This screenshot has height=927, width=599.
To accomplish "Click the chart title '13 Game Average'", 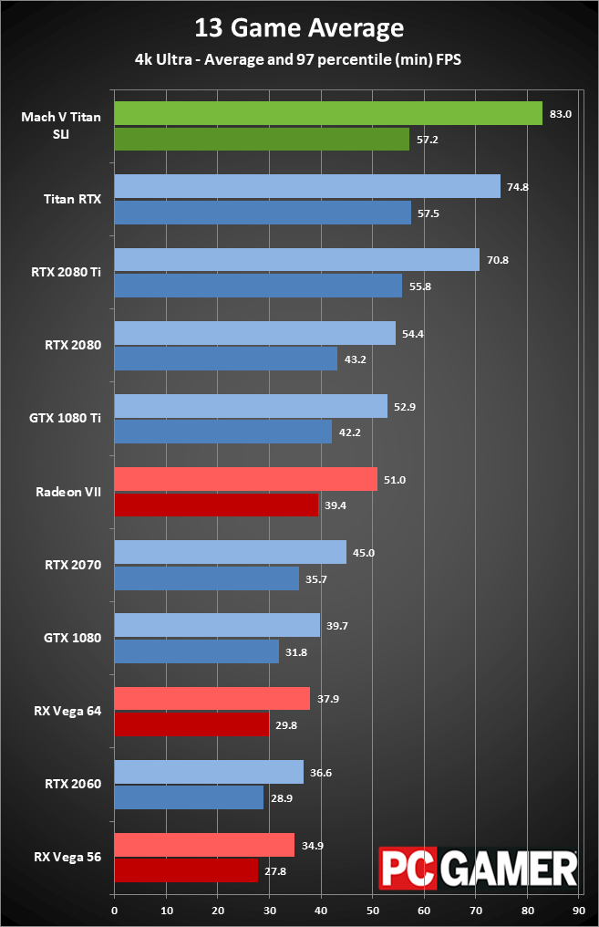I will click(299, 29).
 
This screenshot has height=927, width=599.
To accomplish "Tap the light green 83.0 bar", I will click(328, 113).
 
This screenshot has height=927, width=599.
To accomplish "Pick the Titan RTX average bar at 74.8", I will click(307, 186).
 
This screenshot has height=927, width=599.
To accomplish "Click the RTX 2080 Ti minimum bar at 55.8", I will click(258, 286).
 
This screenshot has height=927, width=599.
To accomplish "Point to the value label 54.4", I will click(413, 333).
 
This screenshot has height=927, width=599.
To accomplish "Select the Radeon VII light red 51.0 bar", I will click(245, 479).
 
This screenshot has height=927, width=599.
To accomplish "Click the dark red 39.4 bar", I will click(216, 505).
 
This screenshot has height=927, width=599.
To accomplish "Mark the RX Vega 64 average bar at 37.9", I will click(212, 698).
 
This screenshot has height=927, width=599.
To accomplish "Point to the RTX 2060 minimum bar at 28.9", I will click(189, 797).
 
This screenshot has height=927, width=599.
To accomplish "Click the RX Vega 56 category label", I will click(67, 857).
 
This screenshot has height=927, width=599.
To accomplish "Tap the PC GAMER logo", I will click(478, 868).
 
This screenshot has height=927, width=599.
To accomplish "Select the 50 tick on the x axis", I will click(373, 911).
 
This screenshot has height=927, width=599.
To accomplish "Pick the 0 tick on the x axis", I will click(115, 911).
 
